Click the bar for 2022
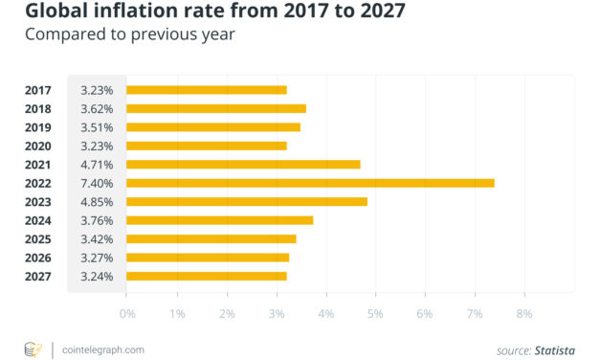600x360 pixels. click(310, 183)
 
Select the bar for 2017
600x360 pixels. click(206, 90)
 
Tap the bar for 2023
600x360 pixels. click(246, 202)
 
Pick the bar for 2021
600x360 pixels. click(243, 165)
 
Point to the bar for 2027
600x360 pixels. click(206, 277)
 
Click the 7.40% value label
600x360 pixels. click(97, 183)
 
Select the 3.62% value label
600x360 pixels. click(97, 109)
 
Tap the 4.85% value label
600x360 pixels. click(97, 202)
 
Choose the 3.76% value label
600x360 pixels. click(97, 220)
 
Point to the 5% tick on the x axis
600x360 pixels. click(375, 313)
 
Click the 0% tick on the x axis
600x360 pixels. click(127, 313)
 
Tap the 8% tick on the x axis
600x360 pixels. click(524, 313)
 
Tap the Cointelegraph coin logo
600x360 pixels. click(33, 349)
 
